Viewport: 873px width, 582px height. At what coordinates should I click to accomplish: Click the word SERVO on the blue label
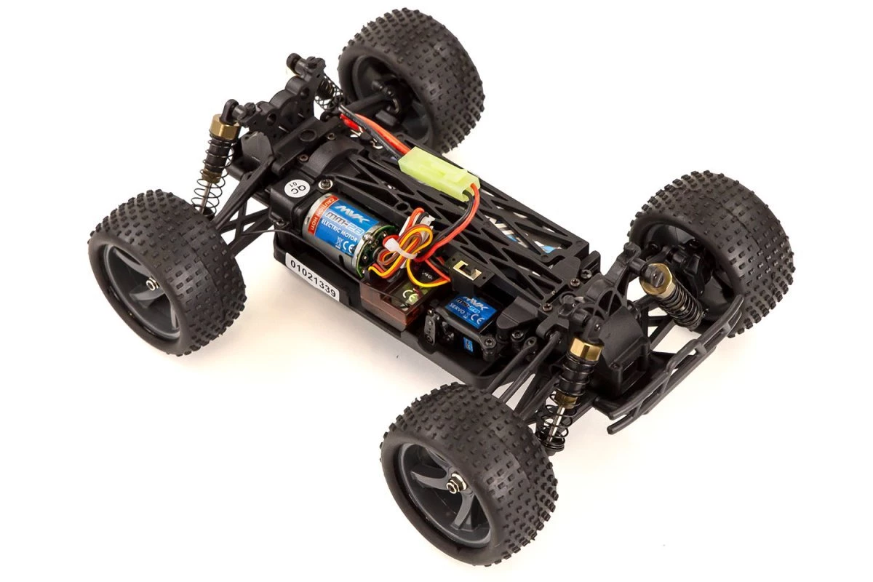coord(458,307)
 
